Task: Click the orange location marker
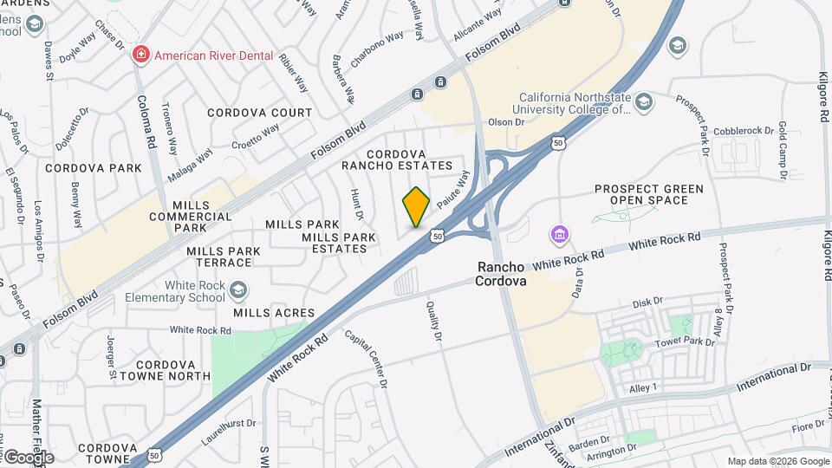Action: pyautogui.click(x=416, y=207)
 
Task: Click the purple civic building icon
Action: pyautogui.click(x=559, y=235)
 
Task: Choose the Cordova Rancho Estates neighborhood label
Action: pyautogui.click(x=397, y=159)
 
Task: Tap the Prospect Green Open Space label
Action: pyautogui.click(x=648, y=194)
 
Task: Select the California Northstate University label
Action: pyautogui.click(x=575, y=104)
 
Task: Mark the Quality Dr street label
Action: pyautogui.click(x=433, y=321)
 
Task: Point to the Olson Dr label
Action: pyautogui.click(x=508, y=122)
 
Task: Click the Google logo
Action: pyautogui.click(x=28, y=457)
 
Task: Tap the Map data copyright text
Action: pyautogui.click(x=777, y=461)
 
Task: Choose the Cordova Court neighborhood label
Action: pyautogui.click(x=259, y=113)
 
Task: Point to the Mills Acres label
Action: pyautogui.click(x=273, y=312)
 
